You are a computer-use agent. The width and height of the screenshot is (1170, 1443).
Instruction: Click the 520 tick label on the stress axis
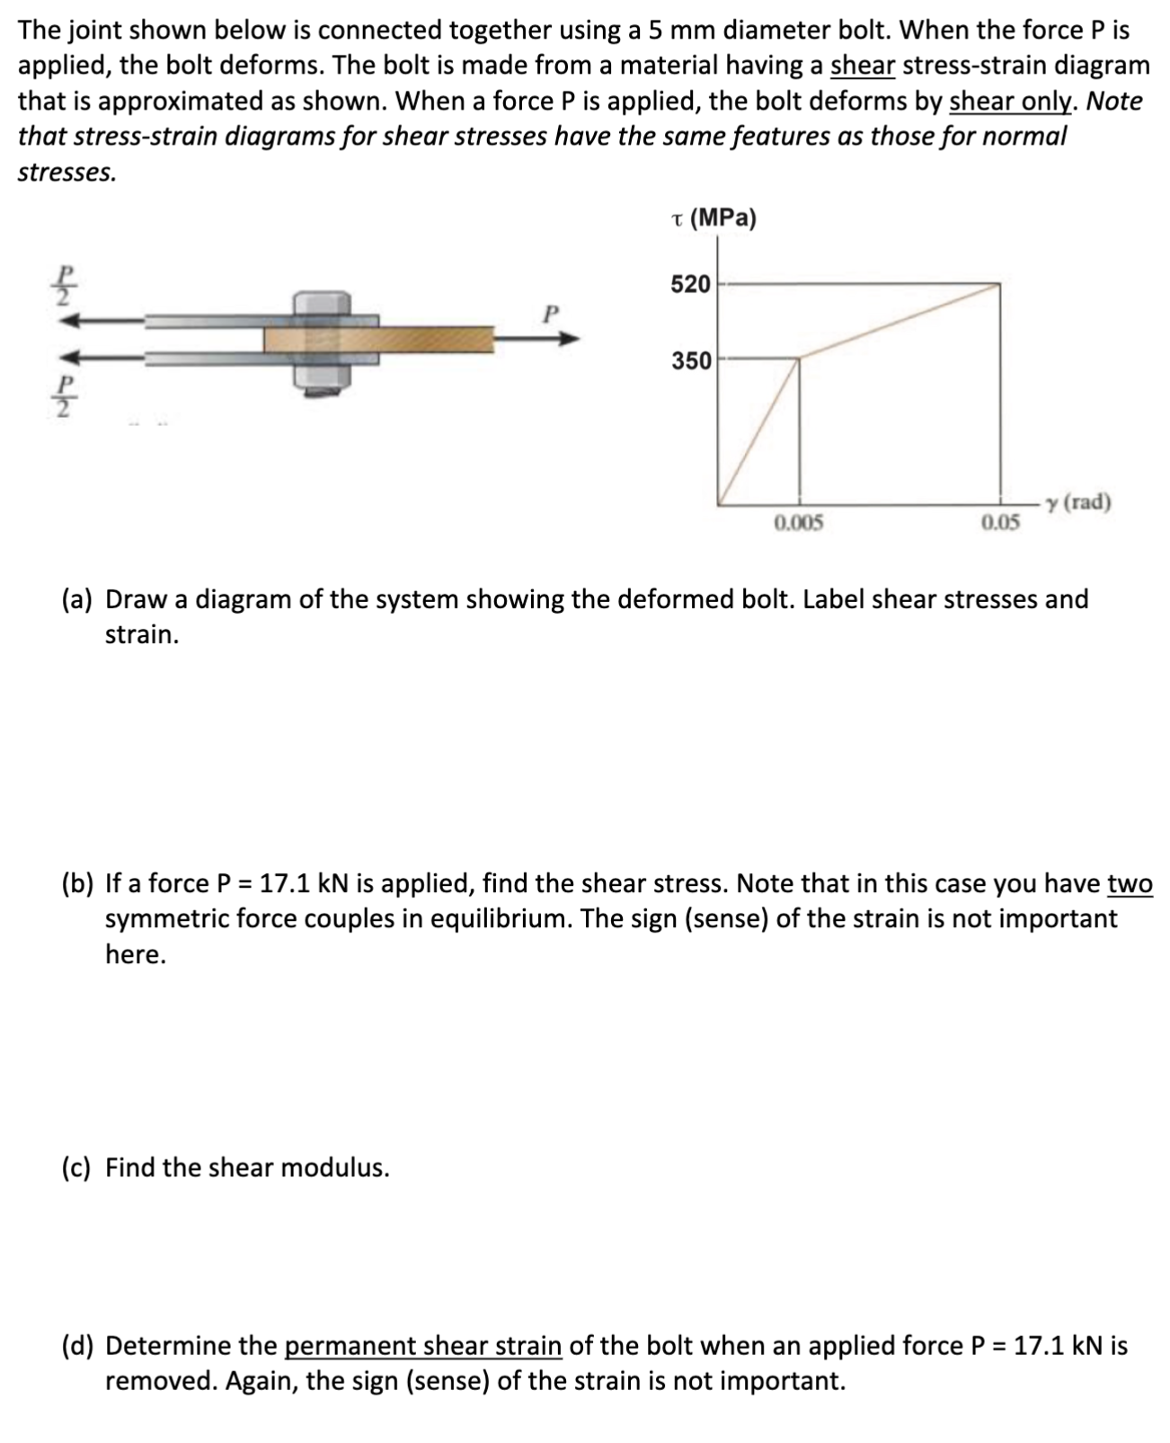pyautogui.click(x=690, y=285)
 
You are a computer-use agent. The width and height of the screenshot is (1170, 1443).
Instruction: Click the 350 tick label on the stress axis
pyautogui.click(x=690, y=361)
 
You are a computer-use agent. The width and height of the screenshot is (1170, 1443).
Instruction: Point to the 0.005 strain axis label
pyautogui.click(x=798, y=522)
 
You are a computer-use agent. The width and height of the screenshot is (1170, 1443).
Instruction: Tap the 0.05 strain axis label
pyautogui.click(x=1000, y=522)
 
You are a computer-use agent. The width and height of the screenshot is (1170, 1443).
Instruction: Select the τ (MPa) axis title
pyautogui.click(x=714, y=218)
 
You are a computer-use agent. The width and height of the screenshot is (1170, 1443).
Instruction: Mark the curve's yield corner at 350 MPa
pyautogui.click(x=799, y=359)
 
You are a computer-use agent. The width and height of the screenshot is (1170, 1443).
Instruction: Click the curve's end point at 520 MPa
pyautogui.click(x=1000, y=285)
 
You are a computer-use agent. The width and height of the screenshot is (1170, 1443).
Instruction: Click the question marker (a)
pyautogui.click(x=78, y=599)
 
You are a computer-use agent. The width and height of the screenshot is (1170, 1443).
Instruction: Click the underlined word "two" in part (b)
pyautogui.click(x=1130, y=884)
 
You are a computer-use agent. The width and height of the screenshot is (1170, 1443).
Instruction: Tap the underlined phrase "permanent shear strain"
pyautogui.click(x=423, y=1346)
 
